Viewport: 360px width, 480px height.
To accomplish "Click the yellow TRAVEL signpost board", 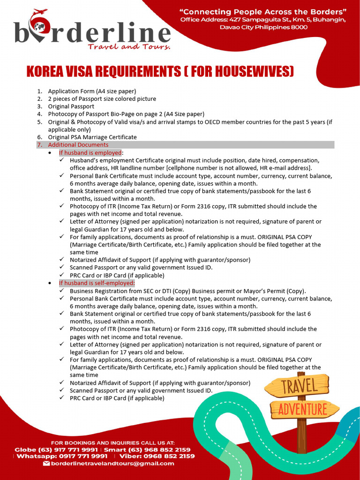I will pyautogui.click(x=298, y=387).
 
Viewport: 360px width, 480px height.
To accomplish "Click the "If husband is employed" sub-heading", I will pyautogui.click(x=90, y=153).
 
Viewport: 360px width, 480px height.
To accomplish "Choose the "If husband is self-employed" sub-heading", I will pyautogui.click(x=97, y=283).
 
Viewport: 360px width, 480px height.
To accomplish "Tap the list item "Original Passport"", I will pyautogui.click(x=71, y=106).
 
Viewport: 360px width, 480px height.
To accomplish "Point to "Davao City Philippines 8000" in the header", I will pyautogui.click(x=263, y=27).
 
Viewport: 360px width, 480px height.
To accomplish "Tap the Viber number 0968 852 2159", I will pyautogui.click(x=170, y=456).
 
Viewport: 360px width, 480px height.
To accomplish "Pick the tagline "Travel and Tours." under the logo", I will pyautogui.click(x=129, y=46).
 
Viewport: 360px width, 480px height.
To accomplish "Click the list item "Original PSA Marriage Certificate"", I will pyautogui.click(x=92, y=137).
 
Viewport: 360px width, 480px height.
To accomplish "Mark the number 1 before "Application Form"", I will pyautogui.click(x=39, y=91).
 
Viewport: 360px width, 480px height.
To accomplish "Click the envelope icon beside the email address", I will pyautogui.click(x=46, y=464).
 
